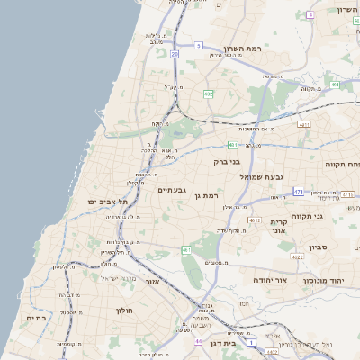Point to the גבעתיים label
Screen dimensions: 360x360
point(171,190)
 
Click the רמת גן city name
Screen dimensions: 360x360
point(207,195)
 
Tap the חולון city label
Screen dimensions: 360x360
point(124,310)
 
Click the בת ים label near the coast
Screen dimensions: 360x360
point(36,318)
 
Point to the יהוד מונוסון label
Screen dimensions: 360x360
point(321,281)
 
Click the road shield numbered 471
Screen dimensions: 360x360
point(299,192)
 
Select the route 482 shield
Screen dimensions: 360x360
point(209,93)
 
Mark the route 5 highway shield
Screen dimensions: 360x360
point(196,44)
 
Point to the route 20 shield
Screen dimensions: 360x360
point(175,54)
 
